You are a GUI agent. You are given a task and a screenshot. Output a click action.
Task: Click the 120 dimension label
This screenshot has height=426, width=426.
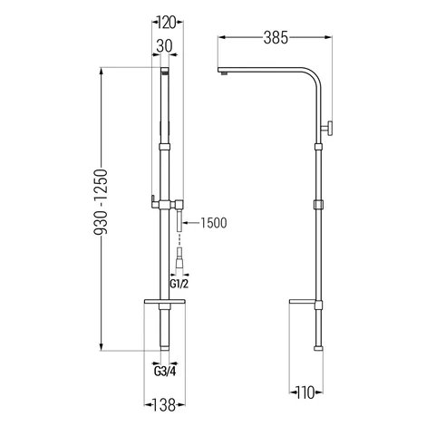[x=167, y=23]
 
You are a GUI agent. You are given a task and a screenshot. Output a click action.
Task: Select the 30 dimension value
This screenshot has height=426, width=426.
[x=164, y=46]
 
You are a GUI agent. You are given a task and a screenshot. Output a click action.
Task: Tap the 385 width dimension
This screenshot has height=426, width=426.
[x=276, y=38]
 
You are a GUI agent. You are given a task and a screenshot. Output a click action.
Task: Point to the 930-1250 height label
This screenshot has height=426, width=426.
[x=101, y=202]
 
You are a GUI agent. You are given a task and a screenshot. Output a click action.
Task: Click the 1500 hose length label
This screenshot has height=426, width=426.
[x=214, y=223]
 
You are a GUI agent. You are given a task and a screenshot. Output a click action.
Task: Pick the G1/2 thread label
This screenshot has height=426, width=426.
[x=179, y=284]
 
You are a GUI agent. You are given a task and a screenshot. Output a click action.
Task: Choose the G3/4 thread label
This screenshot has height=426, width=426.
[x=165, y=371]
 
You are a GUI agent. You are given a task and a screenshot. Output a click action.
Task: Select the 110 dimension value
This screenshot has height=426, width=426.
[x=305, y=392]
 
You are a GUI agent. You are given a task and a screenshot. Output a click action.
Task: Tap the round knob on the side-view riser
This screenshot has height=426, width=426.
[x=327, y=128]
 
